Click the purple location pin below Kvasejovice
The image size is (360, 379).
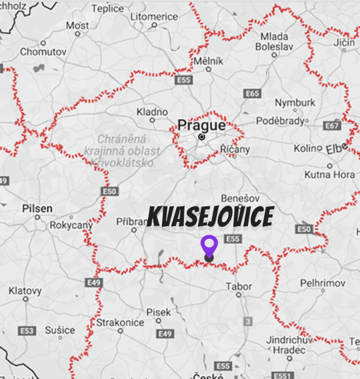[209, 247]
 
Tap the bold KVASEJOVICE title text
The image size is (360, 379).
[210, 218]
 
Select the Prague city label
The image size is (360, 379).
[201, 125]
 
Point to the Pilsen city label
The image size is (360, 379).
[37, 209]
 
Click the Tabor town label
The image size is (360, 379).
[237, 287]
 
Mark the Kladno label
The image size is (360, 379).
[152, 112]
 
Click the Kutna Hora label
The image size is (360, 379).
[329, 174]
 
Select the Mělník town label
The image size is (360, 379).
[209, 61]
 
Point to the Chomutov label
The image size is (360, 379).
[42, 51]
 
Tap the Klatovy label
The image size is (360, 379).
[25, 291]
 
